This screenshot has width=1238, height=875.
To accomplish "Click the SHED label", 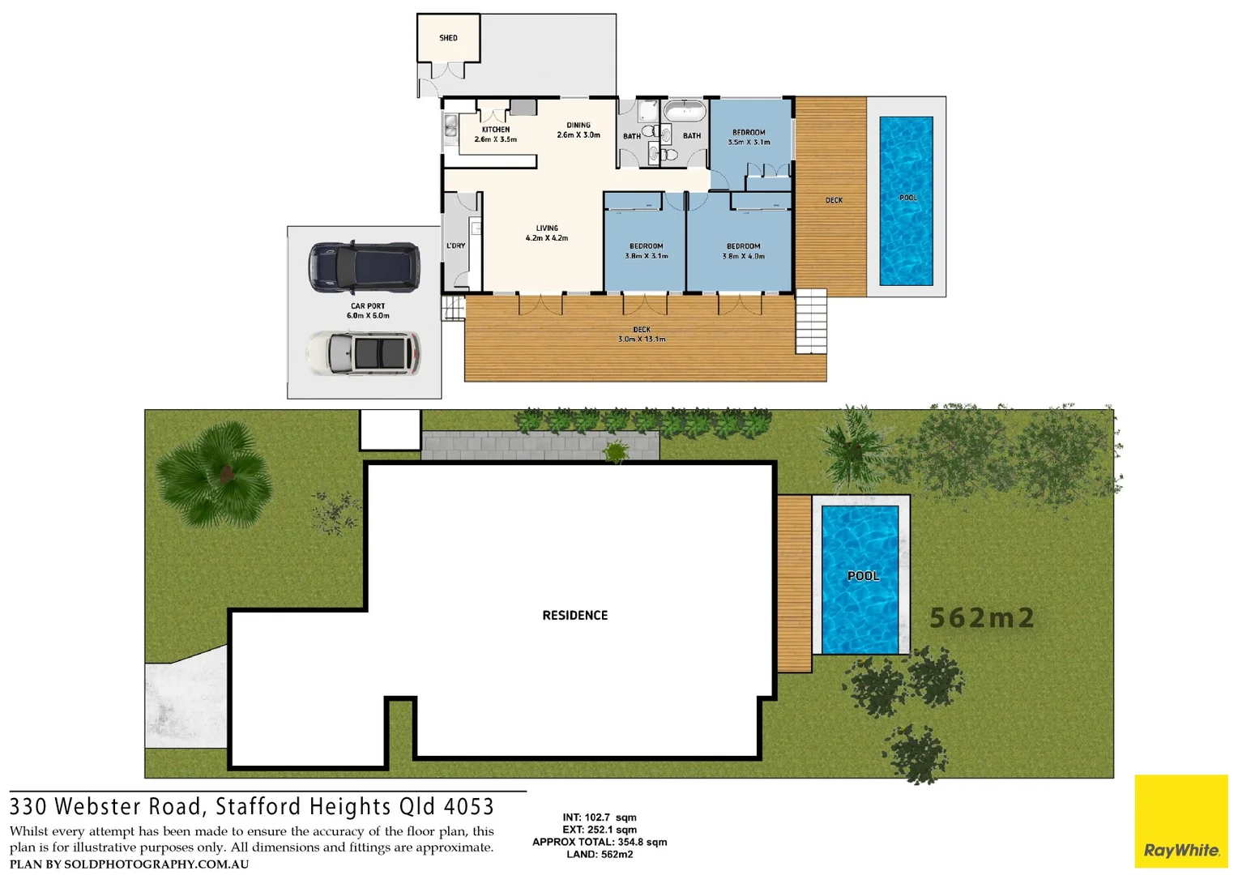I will (448, 38).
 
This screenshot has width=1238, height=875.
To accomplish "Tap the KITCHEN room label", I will (496, 130).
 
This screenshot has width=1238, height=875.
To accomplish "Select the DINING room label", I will (578, 126).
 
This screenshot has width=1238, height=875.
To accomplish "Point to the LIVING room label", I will (547, 228).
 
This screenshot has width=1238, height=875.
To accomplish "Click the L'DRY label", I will (456, 245).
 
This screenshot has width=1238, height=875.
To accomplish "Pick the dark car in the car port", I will (364, 267).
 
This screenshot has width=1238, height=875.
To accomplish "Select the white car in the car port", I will (364, 353).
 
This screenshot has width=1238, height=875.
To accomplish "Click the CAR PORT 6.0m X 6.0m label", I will (368, 311).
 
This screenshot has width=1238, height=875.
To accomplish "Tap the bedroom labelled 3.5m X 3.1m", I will (749, 137).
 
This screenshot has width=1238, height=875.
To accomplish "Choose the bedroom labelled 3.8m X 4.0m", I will (743, 251).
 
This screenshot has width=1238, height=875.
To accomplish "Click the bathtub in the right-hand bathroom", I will (685, 111).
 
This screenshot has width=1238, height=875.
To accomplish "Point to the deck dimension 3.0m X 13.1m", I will (642, 339).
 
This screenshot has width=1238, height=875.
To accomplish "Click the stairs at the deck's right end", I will (810, 322).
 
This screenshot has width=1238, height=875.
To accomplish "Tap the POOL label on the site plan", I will (863, 576).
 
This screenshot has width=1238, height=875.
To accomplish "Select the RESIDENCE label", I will (574, 616).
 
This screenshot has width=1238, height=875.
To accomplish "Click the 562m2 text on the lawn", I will (982, 618).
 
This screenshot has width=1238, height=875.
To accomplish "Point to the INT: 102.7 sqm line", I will (600, 817).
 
